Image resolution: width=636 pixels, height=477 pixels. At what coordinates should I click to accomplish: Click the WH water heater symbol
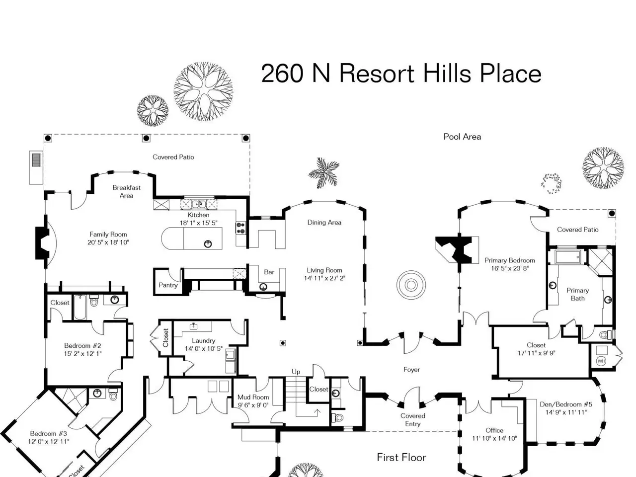pos(601,361)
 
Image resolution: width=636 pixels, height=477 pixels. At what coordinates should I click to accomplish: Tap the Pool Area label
pos(462,137)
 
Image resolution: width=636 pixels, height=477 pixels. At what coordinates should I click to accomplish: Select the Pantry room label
pos(168,285)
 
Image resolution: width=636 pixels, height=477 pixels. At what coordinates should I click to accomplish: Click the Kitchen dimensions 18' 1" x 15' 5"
pos(198,223)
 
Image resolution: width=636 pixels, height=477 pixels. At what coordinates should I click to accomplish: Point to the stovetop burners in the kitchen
pos(241,228)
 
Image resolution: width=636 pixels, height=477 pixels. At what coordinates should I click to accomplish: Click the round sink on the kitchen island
pos(208,244)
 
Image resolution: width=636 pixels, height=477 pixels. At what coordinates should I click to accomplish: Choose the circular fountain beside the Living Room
pos(411,285)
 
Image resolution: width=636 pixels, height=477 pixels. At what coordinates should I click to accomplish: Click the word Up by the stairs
pos(296,372)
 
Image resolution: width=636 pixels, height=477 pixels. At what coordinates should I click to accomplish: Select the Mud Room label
pos(253,397)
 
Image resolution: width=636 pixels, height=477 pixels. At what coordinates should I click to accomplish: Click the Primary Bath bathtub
pos(568,256)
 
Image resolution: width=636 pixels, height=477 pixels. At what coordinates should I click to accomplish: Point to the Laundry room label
pos(203,340)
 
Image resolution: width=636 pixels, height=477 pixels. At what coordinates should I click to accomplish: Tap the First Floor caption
pos(401,457)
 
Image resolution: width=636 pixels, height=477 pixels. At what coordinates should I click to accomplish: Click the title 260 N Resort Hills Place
pos(401,74)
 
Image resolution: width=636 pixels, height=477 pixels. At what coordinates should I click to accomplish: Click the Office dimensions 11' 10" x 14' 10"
pos(494,438)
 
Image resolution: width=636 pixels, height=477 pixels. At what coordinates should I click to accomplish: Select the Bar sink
pos(263,287)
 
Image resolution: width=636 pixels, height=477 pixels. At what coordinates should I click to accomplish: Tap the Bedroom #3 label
pos(48,434)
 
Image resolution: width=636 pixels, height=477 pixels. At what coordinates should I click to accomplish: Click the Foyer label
pos(411,370)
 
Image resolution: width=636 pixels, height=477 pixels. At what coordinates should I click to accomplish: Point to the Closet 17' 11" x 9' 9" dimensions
pos(536,353)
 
